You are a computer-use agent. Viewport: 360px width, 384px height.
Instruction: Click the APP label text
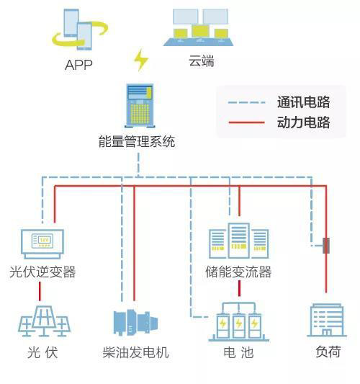[x=78, y=65]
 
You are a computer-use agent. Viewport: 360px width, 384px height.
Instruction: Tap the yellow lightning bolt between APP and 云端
[x=141, y=60]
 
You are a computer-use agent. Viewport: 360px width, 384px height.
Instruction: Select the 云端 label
[x=202, y=61]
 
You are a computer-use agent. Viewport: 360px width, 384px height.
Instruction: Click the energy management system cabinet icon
[x=140, y=106]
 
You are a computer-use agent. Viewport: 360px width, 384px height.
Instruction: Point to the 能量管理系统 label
[x=137, y=141]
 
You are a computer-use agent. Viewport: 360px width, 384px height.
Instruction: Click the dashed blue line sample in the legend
[x=246, y=102]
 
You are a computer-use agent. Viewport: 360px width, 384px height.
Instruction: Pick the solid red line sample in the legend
[x=246, y=122]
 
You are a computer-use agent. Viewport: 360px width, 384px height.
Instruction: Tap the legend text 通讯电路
[x=303, y=102]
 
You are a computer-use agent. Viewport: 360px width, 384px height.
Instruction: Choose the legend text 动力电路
[x=303, y=122]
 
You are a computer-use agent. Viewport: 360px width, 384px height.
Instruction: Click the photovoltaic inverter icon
[x=42, y=244]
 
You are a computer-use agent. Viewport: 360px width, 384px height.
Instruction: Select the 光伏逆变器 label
[x=42, y=272]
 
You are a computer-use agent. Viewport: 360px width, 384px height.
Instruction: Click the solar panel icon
[x=44, y=321]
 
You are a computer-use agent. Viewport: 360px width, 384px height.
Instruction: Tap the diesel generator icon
[x=135, y=323]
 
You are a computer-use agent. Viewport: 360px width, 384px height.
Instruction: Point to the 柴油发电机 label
[x=135, y=352]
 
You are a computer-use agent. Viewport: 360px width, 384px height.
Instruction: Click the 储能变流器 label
[x=238, y=272]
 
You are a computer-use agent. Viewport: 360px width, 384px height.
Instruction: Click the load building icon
[x=327, y=320]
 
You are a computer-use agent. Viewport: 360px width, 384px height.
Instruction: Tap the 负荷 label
[x=328, y=352]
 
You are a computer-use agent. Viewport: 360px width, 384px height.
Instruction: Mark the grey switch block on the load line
[x=326, y=246]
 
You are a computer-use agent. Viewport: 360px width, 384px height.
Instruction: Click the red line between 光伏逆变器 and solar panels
[x=40, y=291]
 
